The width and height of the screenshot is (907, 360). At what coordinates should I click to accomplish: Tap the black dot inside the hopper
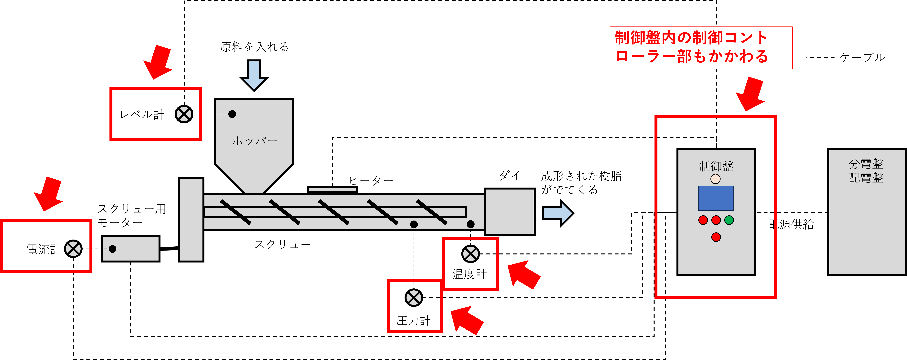click(232, 114)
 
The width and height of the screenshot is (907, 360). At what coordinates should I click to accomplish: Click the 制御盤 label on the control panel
click(716, 166)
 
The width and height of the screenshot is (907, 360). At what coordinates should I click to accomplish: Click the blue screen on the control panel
click(716, 198)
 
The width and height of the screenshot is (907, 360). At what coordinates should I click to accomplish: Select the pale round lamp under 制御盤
click(716, 179)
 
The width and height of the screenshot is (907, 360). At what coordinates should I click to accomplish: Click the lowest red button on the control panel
click(716, 237)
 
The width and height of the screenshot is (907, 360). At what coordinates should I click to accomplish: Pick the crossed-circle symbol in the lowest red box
click(414, 298)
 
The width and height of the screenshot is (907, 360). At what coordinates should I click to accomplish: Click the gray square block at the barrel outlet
click(510, 212)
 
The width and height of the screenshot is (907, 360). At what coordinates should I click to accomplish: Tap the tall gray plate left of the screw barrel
click(191, 220)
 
